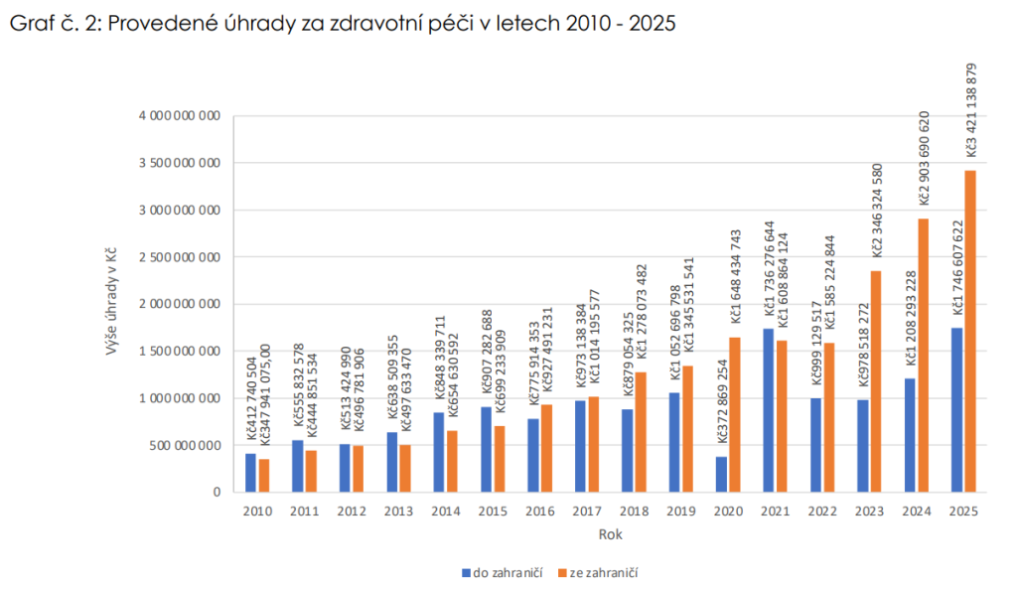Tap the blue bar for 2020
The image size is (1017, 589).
click(722, 474)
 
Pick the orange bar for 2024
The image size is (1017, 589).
click(924, 355)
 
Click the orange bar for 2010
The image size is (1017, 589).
click(263, 475)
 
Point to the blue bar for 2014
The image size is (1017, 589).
click(440, 452)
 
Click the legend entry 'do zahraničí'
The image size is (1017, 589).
click(502, 572)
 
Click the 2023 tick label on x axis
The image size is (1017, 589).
click(869, 511)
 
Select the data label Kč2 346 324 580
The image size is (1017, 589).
click(877, 214)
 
